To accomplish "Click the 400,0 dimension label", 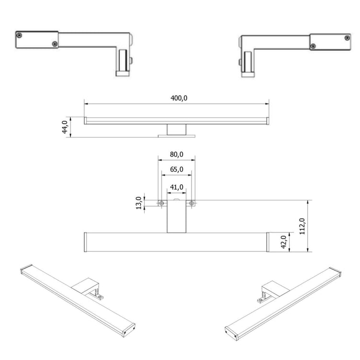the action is [x=179, y=98].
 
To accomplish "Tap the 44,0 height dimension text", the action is [x=65, y=127].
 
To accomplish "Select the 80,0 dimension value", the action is [x=177, y=155].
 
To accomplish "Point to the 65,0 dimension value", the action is [x=177, y=169].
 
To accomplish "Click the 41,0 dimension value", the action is [x=177, y=187].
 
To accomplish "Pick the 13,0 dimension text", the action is [x=139, y=203].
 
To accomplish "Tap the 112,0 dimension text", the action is [x=302, y=226].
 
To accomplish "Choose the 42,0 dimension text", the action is [x=283, y=242].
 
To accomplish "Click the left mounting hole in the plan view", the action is [x=162, y=203].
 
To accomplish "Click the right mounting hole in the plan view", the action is [x=191, y=203].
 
